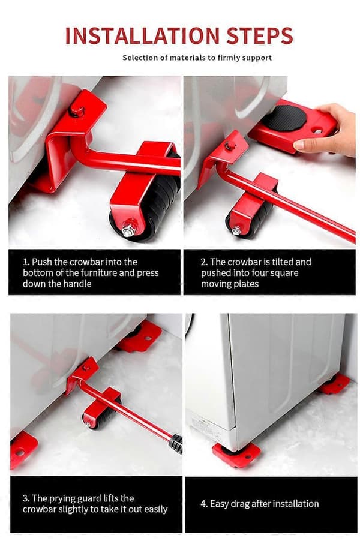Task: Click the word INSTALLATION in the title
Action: coord(142,35)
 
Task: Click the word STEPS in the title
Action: coord(260,35)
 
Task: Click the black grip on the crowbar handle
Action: coord(176,444)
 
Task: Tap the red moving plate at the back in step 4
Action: coord(333,384)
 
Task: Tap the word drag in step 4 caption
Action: coord(240,504)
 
